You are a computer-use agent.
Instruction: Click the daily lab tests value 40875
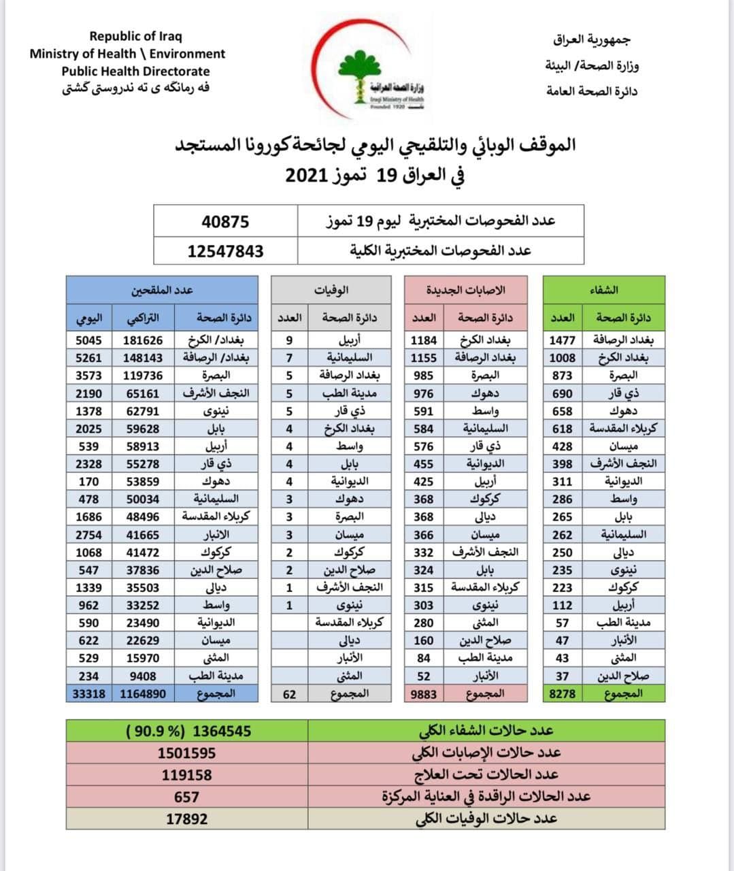pos(225,222)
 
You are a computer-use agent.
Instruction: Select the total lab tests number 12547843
pos(225,251)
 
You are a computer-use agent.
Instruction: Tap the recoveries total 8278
pos(562,694)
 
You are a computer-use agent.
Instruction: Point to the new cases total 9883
pos(423,694)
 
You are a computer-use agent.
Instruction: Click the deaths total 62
pos(289,694)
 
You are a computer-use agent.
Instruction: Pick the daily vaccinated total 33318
pos(86,694)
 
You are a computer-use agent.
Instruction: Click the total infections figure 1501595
pos(186,753)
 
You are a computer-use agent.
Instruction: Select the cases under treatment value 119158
pos(186,775)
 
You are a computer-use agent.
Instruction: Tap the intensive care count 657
pos(186,797)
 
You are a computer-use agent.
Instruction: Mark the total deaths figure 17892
pos(186,819)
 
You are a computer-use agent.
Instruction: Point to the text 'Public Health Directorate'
pos(135,71)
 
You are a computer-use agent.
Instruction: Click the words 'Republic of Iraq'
pos(135,37)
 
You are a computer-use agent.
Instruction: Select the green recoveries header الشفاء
pos(603,290)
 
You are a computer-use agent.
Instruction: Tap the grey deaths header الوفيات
pos(331,290)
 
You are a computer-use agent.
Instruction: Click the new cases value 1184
pos(423,340)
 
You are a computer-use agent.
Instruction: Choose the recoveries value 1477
pos(562,340)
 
